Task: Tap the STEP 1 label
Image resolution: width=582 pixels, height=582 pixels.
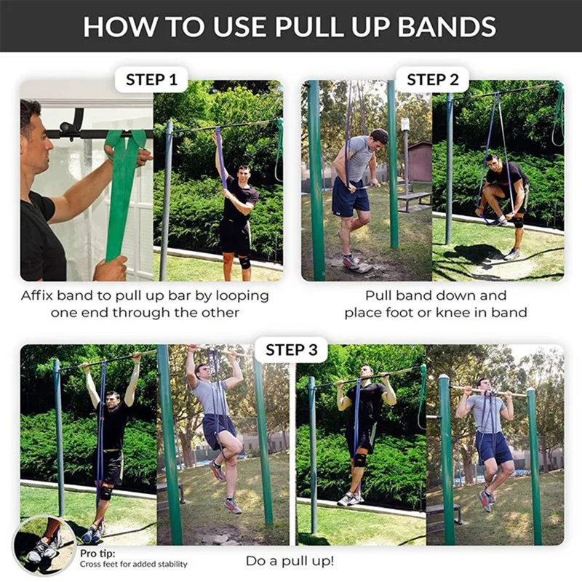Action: (151, 79)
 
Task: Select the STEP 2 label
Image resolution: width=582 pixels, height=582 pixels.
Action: (432, 79)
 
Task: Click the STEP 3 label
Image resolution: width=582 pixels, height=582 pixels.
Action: (291, 350)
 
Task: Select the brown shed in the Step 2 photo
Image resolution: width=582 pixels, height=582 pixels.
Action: (420, 162)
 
